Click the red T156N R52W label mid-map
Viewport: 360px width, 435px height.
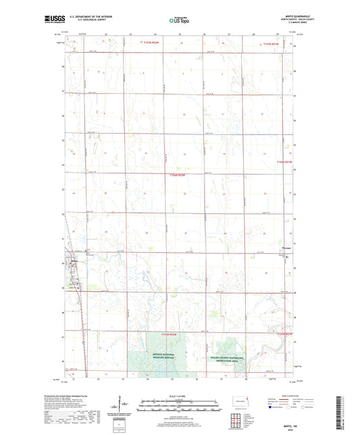[177, 176]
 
